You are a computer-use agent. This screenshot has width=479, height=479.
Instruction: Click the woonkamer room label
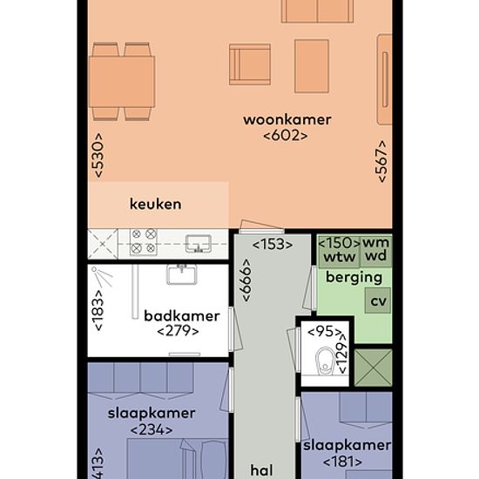[x=287, y=120]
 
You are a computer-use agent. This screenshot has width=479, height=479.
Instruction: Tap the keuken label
[x=156, y=204]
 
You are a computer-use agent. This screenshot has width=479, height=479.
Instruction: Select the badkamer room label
[x=182, y=316]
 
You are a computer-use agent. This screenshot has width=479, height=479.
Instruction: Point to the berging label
[x=354, y=278]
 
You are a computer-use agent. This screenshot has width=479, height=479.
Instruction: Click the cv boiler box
[x=378, y=300]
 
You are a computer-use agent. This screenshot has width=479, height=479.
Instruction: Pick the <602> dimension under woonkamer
[x=286, y=136]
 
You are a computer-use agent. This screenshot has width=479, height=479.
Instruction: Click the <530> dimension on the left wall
[x=98, y=155]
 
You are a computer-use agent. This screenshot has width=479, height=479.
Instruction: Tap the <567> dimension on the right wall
[x=381, y=161]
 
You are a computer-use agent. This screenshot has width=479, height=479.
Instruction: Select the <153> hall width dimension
[x=273, y=245]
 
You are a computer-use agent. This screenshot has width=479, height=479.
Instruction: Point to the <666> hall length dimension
[x=246, y=280]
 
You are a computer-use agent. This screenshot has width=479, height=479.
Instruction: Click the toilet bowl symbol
[x=326, y=361]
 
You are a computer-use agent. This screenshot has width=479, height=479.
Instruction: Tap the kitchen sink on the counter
[x=199, y=244]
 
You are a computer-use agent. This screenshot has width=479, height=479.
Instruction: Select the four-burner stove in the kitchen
[x=144, y=241]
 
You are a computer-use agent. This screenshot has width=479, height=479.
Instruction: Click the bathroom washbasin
[x=181, y=274]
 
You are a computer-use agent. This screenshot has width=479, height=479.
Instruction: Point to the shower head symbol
[x=103, y=276]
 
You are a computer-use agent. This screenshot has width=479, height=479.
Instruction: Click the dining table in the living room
[x=122, y=82]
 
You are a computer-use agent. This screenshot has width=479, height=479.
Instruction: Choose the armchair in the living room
[x=250, y=64]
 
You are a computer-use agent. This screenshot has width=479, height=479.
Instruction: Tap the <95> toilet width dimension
[x=325, y=332]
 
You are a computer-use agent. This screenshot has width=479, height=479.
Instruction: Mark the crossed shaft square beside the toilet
[x=374, y=368]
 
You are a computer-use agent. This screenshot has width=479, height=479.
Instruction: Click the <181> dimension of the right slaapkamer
[x=343, y=462]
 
